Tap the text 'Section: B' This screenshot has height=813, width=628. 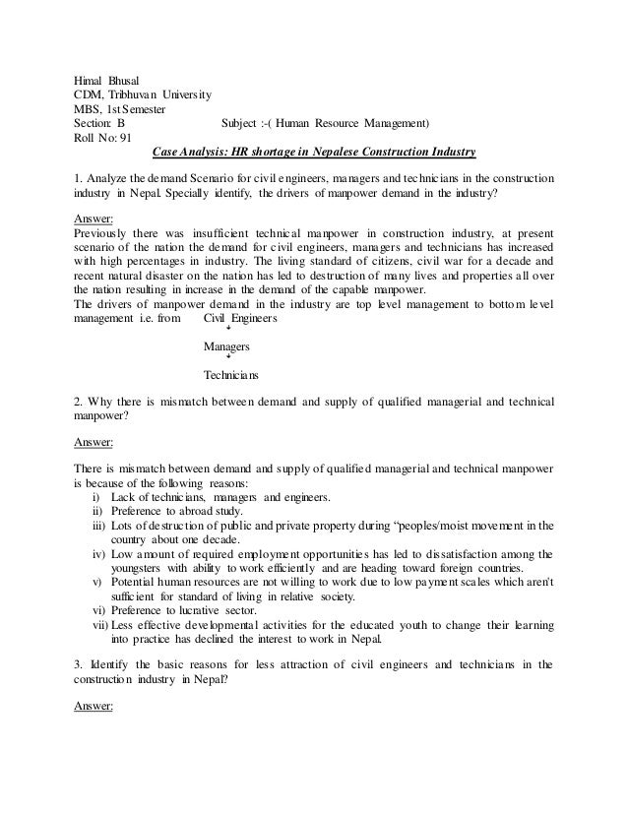tap(99, 123)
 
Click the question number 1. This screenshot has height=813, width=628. tap(78, 178)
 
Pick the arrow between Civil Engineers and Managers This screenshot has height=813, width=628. tap(229, 334)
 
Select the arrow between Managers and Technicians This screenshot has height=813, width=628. tap(229, 362)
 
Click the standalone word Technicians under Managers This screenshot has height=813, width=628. tap(230, 376)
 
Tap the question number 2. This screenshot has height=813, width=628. tap(78, 403)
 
